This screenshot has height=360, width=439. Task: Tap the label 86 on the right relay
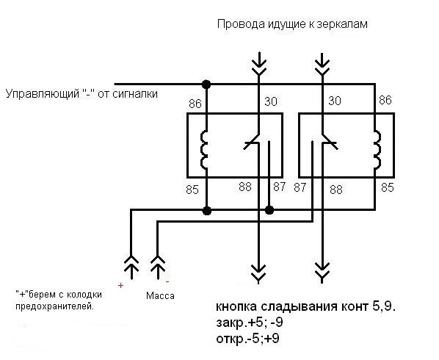(385, 99)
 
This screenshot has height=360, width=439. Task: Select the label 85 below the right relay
(388, 187)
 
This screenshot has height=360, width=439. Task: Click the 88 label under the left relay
(246, 187)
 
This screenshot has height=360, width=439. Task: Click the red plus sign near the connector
(120, 284)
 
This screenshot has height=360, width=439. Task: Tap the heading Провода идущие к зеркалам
(291, 24)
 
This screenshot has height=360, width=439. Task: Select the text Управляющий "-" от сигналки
(81, 94)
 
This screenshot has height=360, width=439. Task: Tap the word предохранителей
(55, 306)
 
